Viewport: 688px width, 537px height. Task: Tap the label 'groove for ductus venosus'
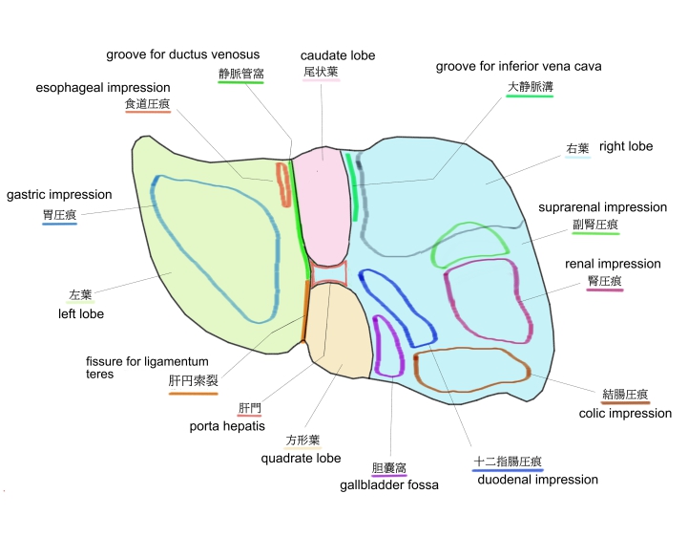tap(182, 54)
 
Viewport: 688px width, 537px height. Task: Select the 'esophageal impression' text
tap(103, 88)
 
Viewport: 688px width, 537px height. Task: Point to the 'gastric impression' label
tap(59, 195)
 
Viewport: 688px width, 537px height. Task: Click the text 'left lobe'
tap(81, 313)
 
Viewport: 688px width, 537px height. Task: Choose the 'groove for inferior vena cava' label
tap(518, 67)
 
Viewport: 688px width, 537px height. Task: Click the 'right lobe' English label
tap(626, 147)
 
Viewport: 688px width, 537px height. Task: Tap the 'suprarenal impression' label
tap(602, 207)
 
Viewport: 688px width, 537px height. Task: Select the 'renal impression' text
tap(613, 264)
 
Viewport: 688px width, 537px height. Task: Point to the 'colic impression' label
tap(625, 414)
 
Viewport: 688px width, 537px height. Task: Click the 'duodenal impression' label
tap(538, 480)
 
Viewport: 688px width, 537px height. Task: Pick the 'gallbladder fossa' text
tap(388, 485)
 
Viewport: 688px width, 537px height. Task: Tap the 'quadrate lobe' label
tap(301, 458)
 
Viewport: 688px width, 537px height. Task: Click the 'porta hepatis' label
tap(227, 426)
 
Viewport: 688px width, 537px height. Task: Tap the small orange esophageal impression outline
tap(283, 184)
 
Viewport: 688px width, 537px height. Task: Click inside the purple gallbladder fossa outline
tap(389, 345)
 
